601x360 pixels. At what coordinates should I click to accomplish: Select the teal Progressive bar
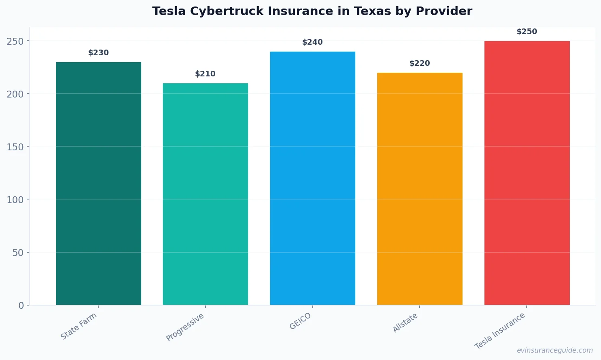[x=205, y=194]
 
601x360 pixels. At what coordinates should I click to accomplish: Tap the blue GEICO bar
[x=312, y=178]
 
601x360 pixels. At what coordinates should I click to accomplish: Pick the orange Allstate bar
[x=419, y=189]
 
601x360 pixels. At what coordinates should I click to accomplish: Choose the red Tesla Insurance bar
[x=527, y=173]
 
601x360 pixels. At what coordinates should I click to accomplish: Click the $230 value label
[x=99, y=53]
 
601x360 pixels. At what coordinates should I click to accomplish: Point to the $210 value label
[x=205, y=74]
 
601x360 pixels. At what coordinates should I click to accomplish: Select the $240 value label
[x=312, y=42]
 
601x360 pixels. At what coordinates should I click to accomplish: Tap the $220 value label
[x=419, y=63]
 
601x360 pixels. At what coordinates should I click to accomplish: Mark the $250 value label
[x=527, y=32]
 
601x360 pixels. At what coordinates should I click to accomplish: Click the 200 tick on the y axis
[x=15, y=94]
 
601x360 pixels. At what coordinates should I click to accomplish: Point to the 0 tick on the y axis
[x=21, y=306]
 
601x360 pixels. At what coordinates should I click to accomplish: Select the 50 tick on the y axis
[x=18, y=253]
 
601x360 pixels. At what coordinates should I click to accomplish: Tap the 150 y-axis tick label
[x=15, y=147]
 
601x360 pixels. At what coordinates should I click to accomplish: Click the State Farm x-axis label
[x=79, y=326]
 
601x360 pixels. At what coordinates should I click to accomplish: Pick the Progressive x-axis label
[x=185, y=327]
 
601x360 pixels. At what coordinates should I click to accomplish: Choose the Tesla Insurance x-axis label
[x=500, y=331]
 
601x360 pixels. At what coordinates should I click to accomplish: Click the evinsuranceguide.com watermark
[x=555, y=350]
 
